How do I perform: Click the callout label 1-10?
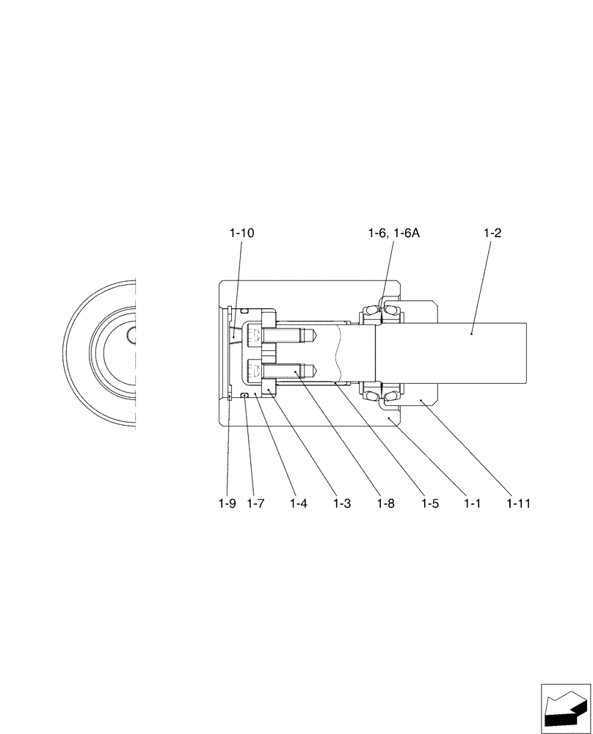(241, 233)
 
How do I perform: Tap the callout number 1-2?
(492, 233)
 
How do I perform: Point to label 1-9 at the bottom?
(227, 504)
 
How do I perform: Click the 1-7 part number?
(255, 504)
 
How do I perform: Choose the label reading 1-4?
(298, 504)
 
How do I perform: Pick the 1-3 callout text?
(341, 504)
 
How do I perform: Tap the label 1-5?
(431, 504)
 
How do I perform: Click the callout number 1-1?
(474, 504)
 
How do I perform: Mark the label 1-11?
(518, 504)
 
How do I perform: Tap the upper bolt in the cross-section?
(283, 337)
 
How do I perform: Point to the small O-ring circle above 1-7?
(244, 396)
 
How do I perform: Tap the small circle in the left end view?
(132, 335)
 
